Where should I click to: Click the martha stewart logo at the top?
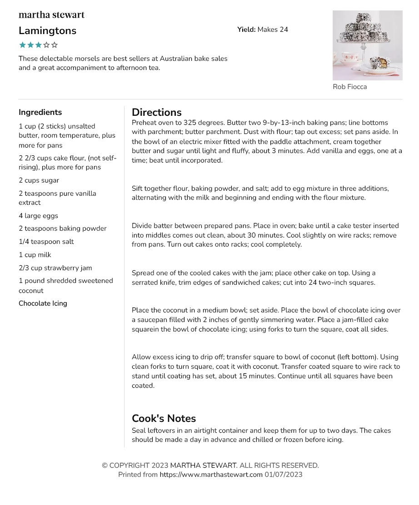tap(51, 15)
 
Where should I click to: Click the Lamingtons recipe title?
tap(47, 31)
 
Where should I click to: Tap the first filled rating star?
tap(22, 45)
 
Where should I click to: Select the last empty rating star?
tap(55, 45)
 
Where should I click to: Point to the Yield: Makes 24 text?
tap(262, 30)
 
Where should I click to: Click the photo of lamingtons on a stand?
tap(367, 45)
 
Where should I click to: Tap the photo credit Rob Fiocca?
tap(349, 87)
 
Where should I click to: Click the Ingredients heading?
tap(40, 113)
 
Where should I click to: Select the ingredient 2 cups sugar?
tap(39, 180)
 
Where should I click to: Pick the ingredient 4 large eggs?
tap(38, 216)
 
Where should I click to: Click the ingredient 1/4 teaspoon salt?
tap(46, 242)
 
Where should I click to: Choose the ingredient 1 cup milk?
tap(35, 255)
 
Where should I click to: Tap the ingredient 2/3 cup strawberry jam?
tap(55, 268)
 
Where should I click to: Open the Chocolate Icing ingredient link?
tap(43, 303)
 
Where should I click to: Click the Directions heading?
tap(156, 113)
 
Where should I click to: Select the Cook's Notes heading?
tap(164, 419)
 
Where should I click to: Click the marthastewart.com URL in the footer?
tap(211, 475)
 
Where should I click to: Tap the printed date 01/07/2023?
tap(284, 475)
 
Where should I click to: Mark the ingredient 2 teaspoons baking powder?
tap(62, 228)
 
